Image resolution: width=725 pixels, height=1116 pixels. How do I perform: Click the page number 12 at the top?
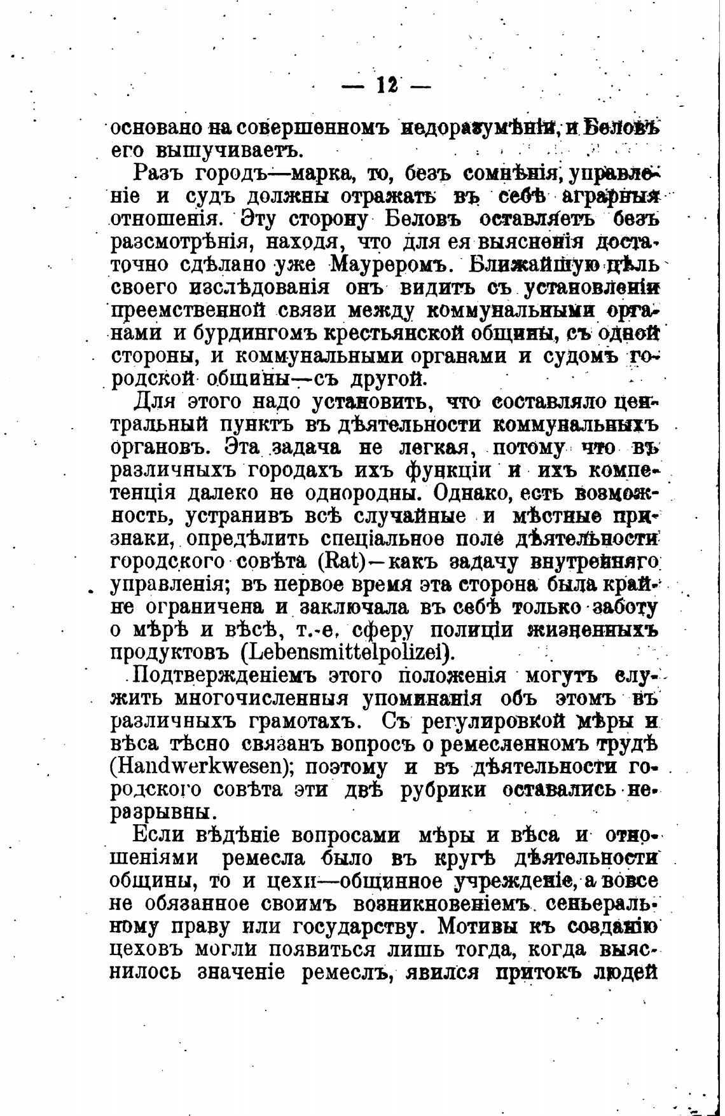click(x=386, y=84)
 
